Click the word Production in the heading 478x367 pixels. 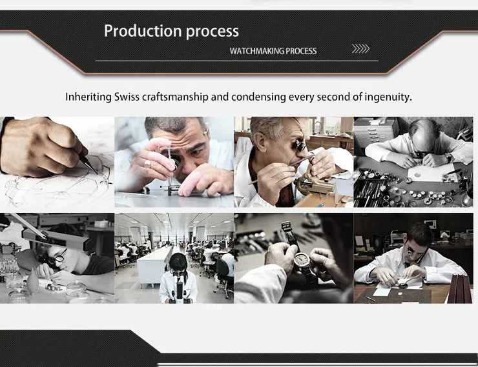coord(143,31)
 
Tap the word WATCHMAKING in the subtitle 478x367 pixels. coord(256,51)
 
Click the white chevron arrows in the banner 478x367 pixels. coord(360,48)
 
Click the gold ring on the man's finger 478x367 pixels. coord(147,164)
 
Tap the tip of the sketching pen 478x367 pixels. coord(98,174)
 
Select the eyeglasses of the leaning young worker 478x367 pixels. coord(59,257)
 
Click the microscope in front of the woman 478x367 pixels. coord(180,288)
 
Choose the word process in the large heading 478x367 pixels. coord(212,32)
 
